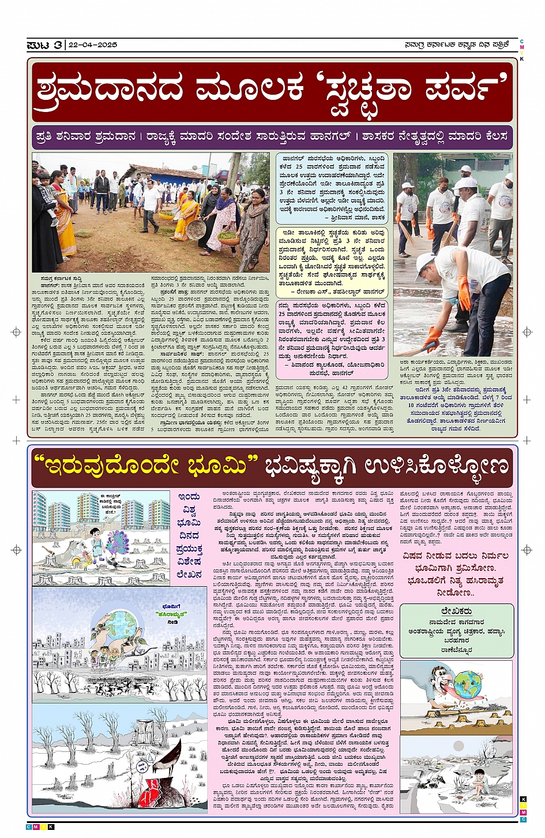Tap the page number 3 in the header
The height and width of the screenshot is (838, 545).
click(58, 45)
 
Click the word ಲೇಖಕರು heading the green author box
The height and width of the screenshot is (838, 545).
click(456, 610)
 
